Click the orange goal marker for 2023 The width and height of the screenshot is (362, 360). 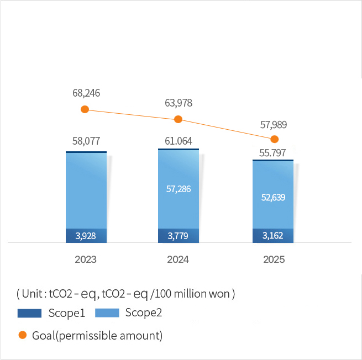point(85,109)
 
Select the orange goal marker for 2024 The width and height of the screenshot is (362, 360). point(178,119)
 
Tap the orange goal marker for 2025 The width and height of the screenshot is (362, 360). point(274,139)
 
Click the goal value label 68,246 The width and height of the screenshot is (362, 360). point(86,93)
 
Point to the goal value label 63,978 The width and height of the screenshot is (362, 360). point(179,103)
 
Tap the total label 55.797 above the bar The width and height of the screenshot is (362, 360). point(272,153)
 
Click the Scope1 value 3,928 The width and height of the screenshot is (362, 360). point(86,236)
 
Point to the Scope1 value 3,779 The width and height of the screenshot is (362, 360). point(179,236)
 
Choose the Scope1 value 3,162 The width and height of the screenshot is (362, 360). point(272,236)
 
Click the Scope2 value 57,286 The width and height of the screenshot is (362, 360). point(179,189)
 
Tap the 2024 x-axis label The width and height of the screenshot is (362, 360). point(178,260)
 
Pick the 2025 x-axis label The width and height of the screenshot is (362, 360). point(273,260)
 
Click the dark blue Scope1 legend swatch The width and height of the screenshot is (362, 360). point(30,313)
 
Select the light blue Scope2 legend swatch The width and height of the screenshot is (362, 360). point(107,313)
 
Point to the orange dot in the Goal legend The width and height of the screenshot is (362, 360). point(23,335)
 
